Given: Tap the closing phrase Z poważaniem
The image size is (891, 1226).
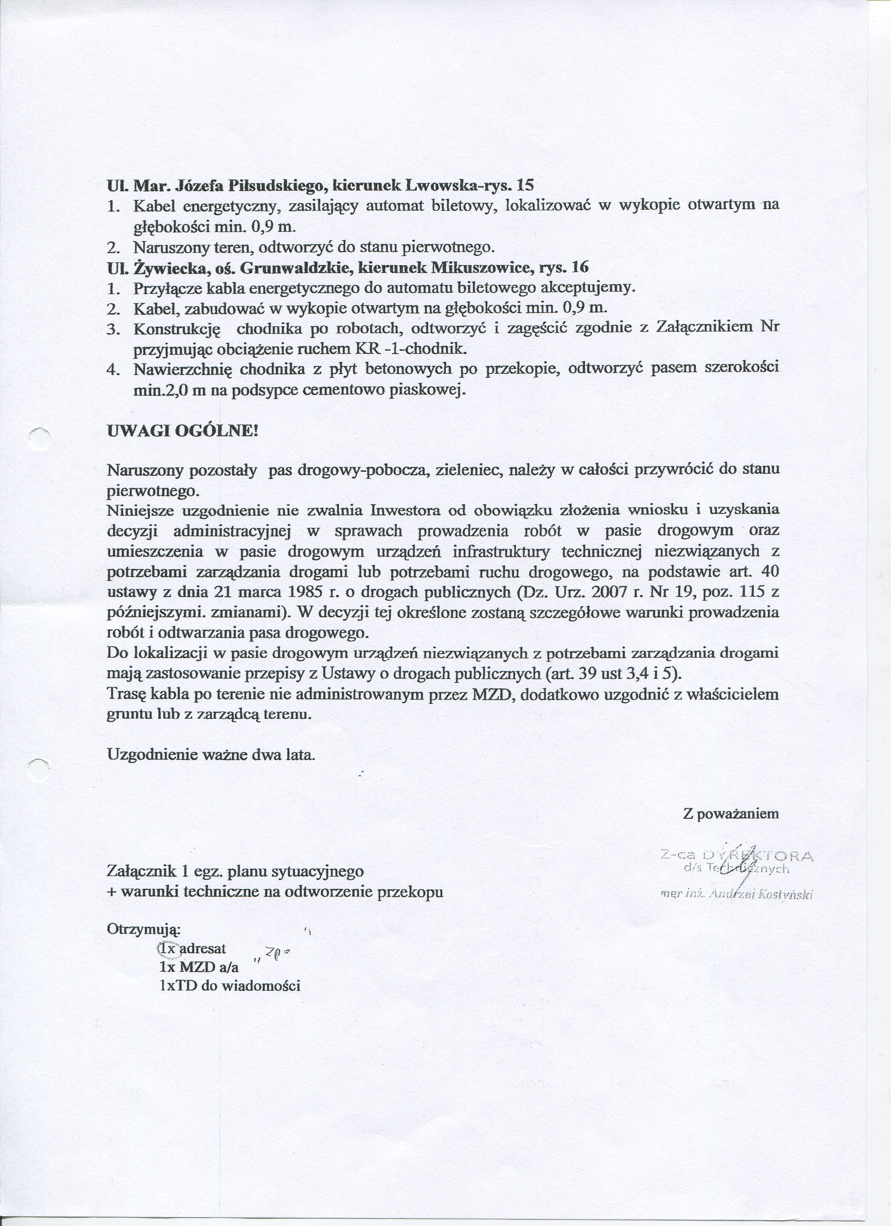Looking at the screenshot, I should [731, 814].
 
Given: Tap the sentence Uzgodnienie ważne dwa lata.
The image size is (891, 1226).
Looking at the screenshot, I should [211, 754].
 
